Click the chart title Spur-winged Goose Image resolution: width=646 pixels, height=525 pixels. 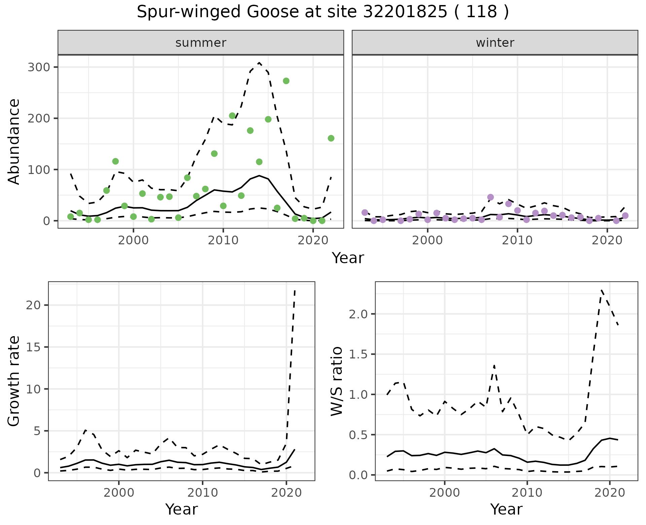[322, 12]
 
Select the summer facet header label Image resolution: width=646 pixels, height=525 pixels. [201, 43]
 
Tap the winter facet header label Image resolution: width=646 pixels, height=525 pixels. [495, 43]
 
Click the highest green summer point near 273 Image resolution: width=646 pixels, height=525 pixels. [286, 81]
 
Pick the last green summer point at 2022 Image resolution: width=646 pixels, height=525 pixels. [331, 138]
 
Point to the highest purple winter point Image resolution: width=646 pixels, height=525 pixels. [490, 197]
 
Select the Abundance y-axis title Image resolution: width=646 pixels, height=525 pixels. [14, 141]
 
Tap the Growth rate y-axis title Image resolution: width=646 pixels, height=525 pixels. [14, 381]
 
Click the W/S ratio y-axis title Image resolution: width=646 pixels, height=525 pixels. [336, 381]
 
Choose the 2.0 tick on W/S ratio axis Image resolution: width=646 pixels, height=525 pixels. [359, 314]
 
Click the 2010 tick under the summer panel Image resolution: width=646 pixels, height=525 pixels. [223, 240]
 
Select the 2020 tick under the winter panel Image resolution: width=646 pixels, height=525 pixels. [607, 240]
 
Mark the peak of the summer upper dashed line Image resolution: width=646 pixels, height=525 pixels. [259, 63]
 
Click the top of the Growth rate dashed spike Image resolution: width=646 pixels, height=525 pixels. [295, 290]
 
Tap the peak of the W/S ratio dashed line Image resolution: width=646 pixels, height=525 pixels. [601, 290]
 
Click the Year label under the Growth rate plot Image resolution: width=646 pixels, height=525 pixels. [181, 509]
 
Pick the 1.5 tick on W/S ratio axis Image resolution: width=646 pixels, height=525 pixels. [359, 354]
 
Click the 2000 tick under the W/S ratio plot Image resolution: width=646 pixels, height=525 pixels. [444, 493]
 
